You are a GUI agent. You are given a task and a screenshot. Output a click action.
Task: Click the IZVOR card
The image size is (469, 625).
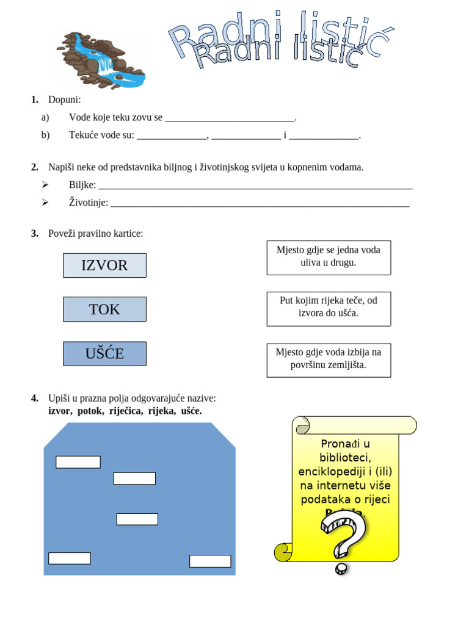click(x=104, y=266)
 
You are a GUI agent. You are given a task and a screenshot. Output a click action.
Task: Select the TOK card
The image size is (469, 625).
click(x=104, y=309)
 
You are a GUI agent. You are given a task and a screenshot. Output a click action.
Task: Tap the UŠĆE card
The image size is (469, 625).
click(x=104, y=354)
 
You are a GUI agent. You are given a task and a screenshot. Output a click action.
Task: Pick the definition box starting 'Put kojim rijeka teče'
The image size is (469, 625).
click(x=329, y=308)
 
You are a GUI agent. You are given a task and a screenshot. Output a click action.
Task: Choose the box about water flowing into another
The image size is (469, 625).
click(x=329, y=257)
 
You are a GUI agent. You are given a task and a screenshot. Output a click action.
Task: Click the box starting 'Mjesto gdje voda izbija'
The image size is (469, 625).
click(x=329, y=359)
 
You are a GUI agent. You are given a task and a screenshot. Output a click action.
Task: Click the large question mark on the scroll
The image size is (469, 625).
click(x=343, y=537)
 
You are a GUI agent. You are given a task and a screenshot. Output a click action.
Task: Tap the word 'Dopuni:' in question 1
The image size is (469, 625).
click(x=64, y=99)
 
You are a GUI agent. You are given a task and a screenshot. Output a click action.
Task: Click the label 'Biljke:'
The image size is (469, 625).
click(x=82, y=185)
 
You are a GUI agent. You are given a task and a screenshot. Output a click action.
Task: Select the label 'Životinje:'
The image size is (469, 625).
click(x=88, y=203)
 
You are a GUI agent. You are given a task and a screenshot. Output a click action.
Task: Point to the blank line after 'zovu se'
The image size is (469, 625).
click(x=230, y=118)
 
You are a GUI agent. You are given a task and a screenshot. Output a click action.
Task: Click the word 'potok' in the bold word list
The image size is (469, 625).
click(x=90, y=411)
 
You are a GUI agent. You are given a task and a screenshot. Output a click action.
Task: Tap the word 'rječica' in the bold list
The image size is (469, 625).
click(x=126, y=411)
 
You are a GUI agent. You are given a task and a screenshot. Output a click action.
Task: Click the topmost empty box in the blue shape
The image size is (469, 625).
click(x=78, y=462)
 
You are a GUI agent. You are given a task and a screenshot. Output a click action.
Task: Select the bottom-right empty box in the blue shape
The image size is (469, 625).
click(x=210, y=561)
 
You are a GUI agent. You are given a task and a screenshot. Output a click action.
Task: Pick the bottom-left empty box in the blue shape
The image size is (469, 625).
click(x=70, y=558)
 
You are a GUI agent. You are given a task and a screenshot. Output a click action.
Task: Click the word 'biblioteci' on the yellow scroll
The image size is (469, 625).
click(x=345, y=458)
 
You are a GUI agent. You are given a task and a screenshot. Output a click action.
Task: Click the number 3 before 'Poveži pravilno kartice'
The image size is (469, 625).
click(x=34, y=234)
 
